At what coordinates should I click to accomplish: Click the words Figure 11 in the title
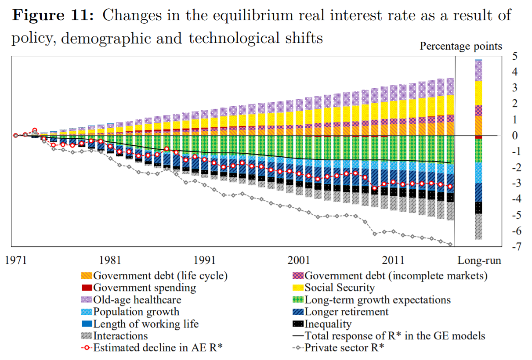(x=52, y=16)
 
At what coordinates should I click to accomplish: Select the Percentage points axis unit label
(x=461, y=46)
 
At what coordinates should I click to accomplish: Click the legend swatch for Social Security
(x=298, y=288)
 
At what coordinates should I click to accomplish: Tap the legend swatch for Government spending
(x=87, y=288)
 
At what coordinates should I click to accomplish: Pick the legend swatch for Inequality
(x=298, y=324)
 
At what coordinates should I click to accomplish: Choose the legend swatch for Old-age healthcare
(x=87, y=300)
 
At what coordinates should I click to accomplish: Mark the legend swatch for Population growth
(x=87, y=312)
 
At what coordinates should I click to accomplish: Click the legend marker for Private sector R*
(x=298, y=348)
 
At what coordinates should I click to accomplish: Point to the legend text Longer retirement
(x=347, y=312)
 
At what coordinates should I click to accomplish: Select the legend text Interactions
(x=121, y=336)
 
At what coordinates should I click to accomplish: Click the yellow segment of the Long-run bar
(x=478, y=93)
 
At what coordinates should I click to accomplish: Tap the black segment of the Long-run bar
(x=478, y=208)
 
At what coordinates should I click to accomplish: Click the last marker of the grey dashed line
(x=450, y=244)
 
